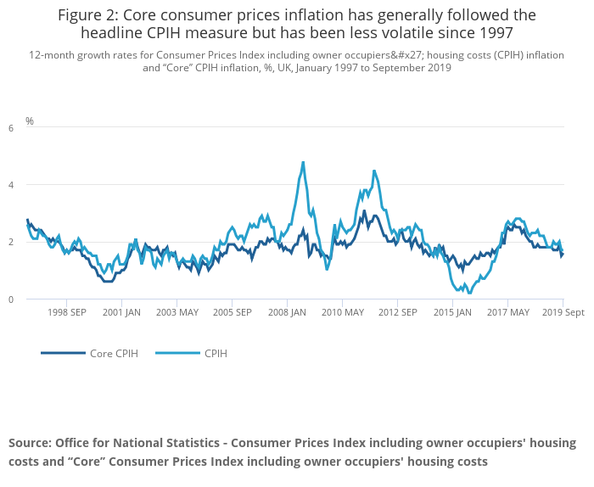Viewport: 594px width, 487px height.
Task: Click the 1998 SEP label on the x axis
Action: coord(66,312)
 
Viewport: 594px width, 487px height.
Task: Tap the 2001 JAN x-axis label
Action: coord(121,312)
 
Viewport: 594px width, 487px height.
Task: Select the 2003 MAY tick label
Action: coord(177,312)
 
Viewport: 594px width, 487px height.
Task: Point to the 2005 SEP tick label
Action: coord(232,312)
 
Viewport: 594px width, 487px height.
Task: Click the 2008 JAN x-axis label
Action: coord(287,312)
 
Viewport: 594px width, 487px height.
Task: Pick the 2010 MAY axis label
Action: coord(343,312)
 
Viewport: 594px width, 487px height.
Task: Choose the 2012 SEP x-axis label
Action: coord(397,312)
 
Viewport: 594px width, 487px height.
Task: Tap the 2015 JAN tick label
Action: coord(452,312)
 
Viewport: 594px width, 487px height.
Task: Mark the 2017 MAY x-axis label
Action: coord(507,312)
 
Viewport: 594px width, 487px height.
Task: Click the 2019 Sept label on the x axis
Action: coord(563,312)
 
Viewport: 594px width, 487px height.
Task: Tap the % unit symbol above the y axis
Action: coord(30,121)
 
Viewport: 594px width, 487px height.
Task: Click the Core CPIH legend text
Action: coord(114,353)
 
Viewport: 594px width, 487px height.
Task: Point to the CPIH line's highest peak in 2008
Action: coord(303,162)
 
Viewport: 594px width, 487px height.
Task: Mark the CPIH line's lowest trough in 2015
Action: coord(469,294)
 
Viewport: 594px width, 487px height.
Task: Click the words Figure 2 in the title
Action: coord(87,15)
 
